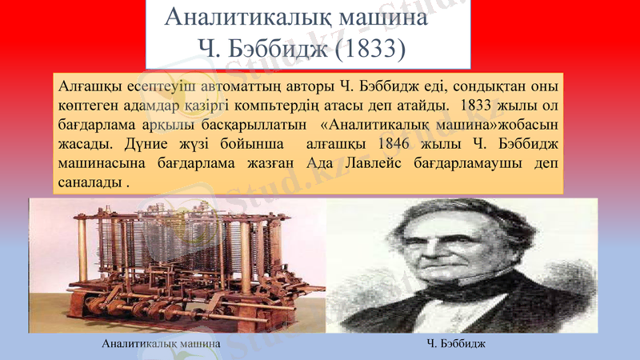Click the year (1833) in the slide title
click(370, 50)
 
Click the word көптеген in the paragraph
click(86, 105)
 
